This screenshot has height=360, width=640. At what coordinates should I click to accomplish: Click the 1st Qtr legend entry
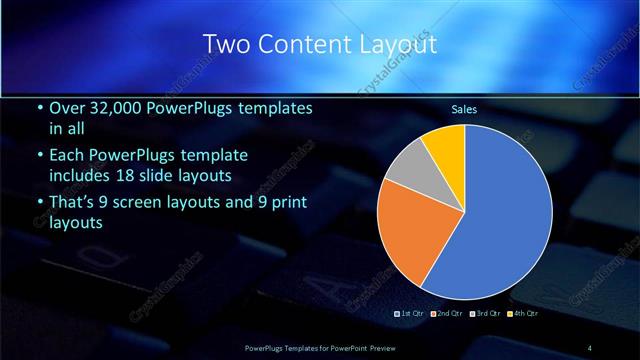click(412, 313)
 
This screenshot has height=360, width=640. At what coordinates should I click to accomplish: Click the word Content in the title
click(302, 45)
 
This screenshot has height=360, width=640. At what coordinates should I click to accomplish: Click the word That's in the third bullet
click(73, 203)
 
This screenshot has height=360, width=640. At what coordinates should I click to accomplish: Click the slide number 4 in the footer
click(590, 347)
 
